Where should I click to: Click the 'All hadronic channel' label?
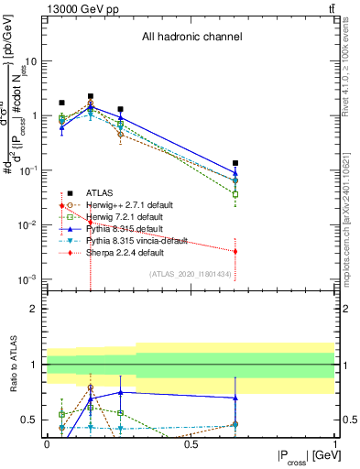coord(191,38)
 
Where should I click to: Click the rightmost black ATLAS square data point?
coord(235,163)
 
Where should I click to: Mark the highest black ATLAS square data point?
coord(91,96)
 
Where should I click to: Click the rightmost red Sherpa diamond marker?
coord(235,251)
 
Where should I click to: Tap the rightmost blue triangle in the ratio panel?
coord(235,398)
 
